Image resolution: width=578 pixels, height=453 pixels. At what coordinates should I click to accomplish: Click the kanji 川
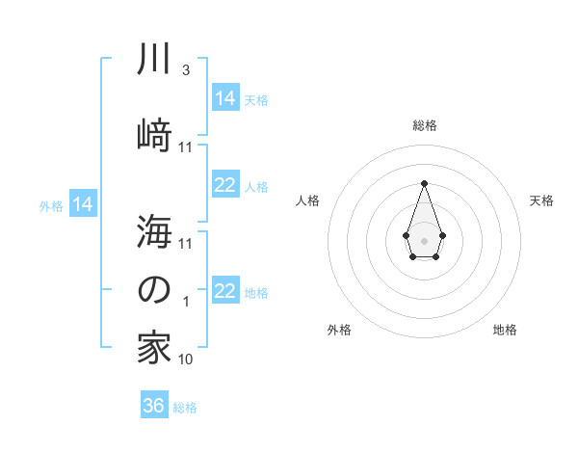click(x=154, y=61)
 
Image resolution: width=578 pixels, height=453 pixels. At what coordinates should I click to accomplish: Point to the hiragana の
click(x=154, y=290)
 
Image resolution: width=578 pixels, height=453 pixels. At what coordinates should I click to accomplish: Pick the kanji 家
click(x=154, y=348)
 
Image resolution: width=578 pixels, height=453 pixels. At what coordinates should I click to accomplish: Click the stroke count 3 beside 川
click(x=185, y=70)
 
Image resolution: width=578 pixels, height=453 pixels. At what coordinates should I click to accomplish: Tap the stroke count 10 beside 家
click(x=186, y=360)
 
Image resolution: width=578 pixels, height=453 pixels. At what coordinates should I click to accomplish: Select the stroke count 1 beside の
click(x=186, y=302)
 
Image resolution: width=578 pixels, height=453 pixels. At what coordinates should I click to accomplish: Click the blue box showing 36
click(x=154, y=406)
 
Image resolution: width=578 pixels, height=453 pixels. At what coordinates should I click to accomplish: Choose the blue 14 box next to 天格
click(x=225, y=97)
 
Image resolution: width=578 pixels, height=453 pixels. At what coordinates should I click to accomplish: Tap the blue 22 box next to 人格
click(x=225, y=185)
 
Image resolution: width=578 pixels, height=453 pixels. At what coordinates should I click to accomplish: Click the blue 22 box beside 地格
click(x=225, y=291)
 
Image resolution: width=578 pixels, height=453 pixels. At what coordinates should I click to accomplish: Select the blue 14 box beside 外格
click(x=83, y=203)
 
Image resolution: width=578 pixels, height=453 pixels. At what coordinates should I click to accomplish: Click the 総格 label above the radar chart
click(x=425, y=125)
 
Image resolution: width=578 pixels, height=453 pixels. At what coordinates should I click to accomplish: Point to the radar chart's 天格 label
click(x=541, y=200)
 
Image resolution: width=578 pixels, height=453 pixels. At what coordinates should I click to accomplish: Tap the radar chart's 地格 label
click(x=505, y=330)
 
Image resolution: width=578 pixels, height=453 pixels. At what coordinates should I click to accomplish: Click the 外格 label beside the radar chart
click(x=339, y=330)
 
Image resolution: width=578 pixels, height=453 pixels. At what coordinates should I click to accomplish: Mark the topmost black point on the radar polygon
click(x=424, y=183)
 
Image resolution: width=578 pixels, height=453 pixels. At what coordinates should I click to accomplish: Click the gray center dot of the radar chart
click(x=424, y=239)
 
